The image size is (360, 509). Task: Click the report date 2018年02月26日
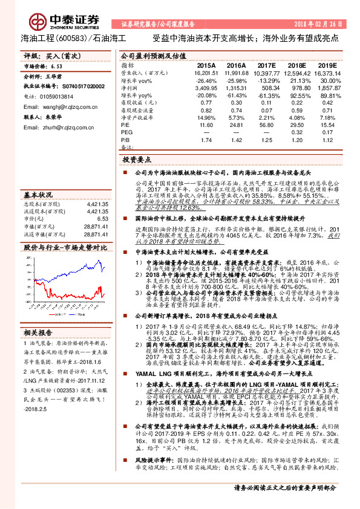pos(318,24)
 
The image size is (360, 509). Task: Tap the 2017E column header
pos(266,64)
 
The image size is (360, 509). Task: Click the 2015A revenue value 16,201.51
pos(206,72)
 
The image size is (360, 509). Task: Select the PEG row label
pos(126,131)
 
